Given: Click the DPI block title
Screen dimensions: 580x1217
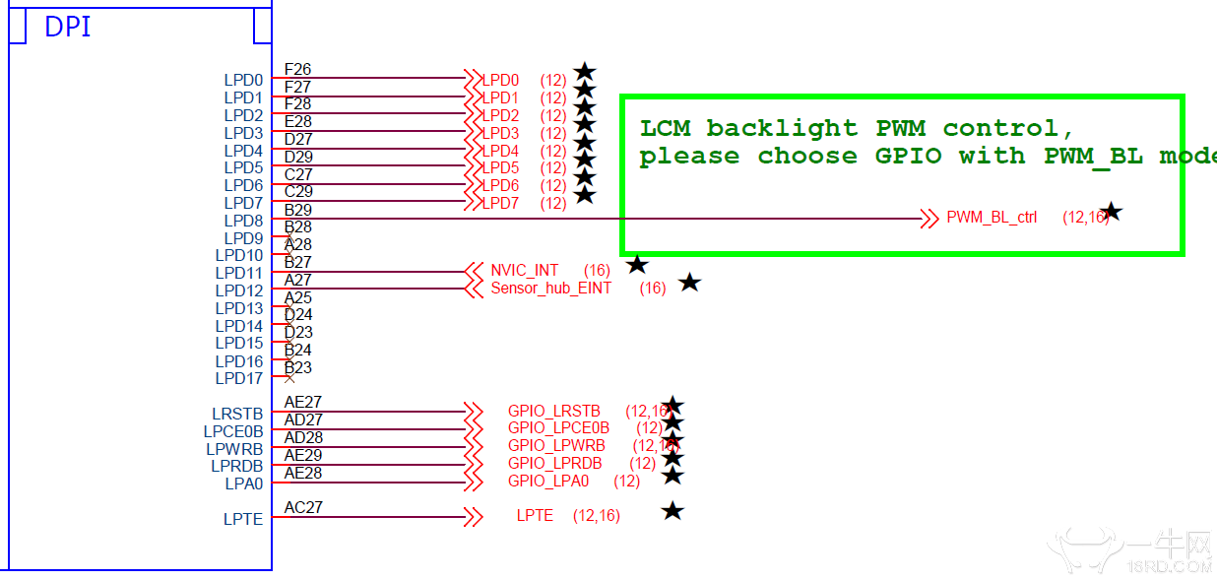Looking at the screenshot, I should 68,28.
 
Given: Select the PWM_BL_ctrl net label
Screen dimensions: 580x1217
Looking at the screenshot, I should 992,218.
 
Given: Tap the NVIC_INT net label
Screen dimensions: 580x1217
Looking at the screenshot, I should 525,271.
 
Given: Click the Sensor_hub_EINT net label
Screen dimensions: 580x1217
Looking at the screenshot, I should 551,289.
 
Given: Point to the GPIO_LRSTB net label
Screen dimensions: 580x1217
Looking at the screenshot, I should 554,412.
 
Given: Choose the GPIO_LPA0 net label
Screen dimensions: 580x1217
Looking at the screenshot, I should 548,482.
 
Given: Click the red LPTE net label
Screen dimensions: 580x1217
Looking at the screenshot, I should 535,516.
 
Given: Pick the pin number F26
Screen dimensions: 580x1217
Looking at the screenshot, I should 297,70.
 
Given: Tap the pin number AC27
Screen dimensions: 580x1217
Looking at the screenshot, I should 303,508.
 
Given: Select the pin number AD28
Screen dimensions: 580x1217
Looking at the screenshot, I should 303,438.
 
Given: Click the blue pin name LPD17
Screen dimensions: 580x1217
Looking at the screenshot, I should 239,379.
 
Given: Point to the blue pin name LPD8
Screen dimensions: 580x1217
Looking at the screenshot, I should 243,222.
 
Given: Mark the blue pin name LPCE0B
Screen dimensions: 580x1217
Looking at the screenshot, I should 233,432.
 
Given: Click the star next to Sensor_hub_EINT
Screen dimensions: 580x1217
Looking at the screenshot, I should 690,284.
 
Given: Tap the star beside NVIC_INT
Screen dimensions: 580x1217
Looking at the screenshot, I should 637,265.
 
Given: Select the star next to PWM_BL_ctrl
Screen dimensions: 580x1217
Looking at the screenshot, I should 1112,212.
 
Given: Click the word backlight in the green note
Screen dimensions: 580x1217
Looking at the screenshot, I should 782,128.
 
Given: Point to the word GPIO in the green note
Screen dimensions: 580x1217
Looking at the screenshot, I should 908,156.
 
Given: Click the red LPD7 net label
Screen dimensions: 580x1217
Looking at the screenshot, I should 500,204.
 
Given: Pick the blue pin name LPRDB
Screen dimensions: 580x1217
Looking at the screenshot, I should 237,467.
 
